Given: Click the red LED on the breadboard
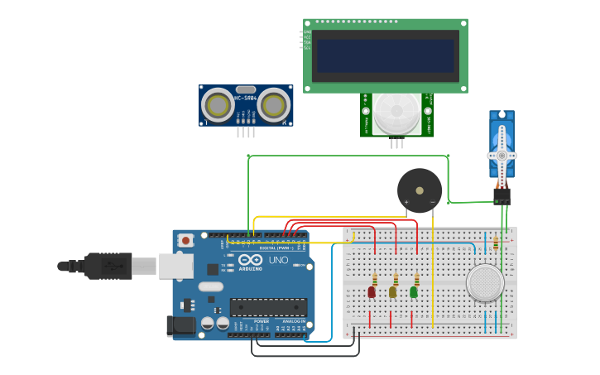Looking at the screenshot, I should point(372,291).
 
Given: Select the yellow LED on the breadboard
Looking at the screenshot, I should point(392,291).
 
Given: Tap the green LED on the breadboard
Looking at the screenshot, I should point(414,291).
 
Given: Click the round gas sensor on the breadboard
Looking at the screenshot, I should point(485,283).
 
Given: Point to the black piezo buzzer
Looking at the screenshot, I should point(420,190).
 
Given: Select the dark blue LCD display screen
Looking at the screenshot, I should point(386,55).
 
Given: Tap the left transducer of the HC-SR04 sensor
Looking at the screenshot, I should point(217,105).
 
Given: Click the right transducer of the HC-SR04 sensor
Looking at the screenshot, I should point(275,105).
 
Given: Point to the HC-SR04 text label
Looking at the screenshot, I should point(246,98).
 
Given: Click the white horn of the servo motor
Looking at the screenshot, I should point(502,155).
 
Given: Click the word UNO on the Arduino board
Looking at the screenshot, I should point(278,260).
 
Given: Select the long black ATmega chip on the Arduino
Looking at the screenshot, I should point(268,307).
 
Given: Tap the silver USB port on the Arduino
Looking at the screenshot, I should point(176,266).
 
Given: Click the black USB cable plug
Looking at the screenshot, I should point(108,266).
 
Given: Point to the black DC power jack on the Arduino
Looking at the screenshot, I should point(180,325).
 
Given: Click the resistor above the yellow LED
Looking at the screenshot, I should point(396,279).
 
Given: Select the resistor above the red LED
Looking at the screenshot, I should point(375,279).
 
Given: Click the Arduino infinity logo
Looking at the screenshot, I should point(249,260).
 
